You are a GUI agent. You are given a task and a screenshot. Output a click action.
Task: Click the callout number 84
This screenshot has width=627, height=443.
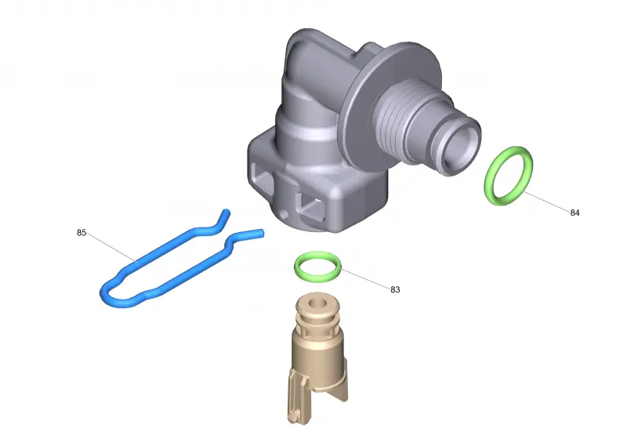[x=574, y=213]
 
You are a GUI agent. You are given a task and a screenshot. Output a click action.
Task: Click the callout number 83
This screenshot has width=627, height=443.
[x=395, y=289]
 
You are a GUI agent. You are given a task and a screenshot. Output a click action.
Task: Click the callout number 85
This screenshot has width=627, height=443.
[x=82, y=233]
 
